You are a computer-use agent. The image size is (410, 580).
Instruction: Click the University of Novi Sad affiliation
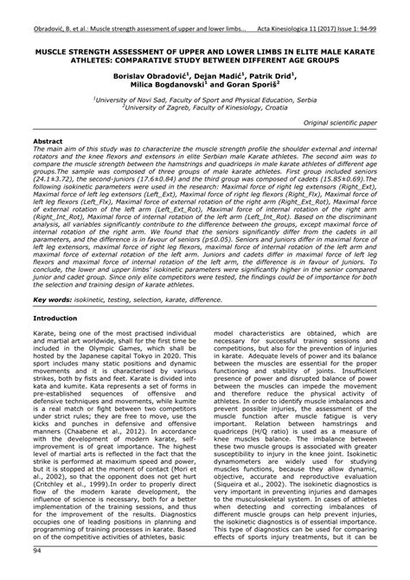point(205,100)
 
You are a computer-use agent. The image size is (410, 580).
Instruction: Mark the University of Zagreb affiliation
point(205,108)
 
